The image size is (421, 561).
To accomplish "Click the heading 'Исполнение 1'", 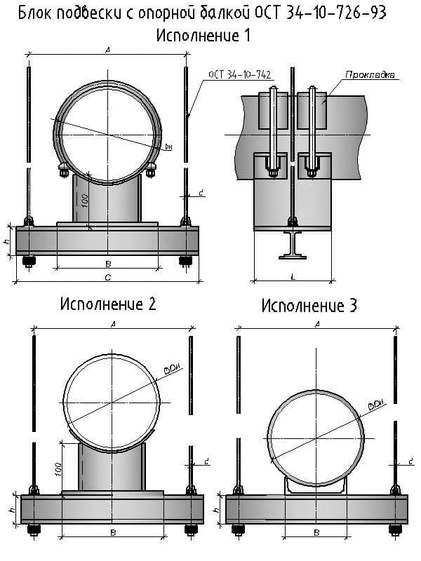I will pos(203,34).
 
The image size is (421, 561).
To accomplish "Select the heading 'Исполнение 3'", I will pos(309,306).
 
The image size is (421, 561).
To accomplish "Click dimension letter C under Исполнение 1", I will pos(107,278).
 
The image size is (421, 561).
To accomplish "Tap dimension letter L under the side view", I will pos(292,276).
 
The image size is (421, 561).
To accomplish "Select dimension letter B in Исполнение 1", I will pos(107,264).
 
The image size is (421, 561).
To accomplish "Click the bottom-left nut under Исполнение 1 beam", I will pos(29,262).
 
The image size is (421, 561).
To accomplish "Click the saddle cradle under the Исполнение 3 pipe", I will pos(316,485).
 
